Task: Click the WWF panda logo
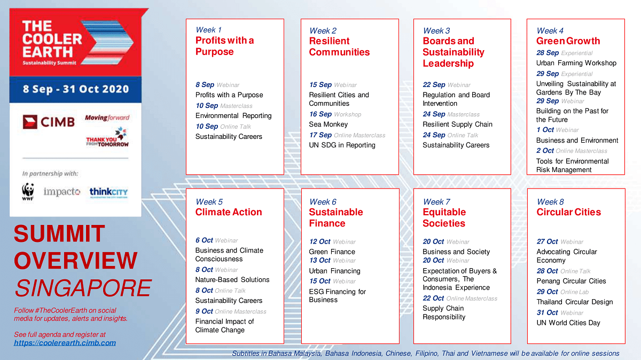28,192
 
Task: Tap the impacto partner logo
62,192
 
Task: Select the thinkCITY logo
108,192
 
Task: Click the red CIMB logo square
30,121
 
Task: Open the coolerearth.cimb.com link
65,343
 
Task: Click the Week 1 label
208,30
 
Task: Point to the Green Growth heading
568,41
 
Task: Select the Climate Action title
229,212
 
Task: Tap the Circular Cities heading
568,212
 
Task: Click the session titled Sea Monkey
328,124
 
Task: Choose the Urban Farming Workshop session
576,63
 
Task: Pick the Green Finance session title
332,252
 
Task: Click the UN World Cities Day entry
568,323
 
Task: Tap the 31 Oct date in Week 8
547,312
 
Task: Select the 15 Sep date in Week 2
320,84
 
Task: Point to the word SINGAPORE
83,288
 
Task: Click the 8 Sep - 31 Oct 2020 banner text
75,89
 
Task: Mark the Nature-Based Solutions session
232,280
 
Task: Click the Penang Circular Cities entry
571,281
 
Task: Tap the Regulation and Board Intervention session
456,99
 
